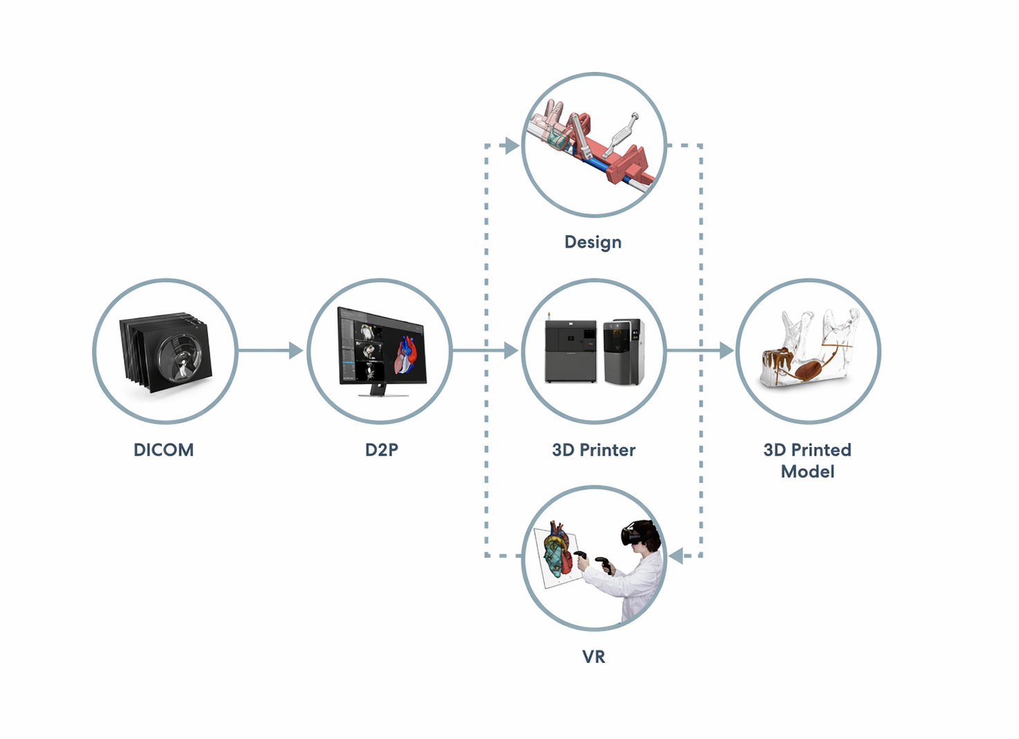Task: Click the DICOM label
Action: tap(164, 450)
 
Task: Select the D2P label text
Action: tap(382, 450)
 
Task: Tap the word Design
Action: tap(593, 242)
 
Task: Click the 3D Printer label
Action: tap(594, 450)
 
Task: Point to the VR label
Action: tap(594, 657)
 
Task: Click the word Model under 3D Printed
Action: tap(807, 471)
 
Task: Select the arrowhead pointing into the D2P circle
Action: tap(296, 350)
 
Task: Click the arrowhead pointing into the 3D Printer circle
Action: tap(511, 350)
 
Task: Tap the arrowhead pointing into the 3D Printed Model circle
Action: tap(726, 350)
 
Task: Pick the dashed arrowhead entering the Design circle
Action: tap(512, 145)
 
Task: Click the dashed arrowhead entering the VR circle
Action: tap(676, 556)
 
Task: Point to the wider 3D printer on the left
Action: tap(571, 351)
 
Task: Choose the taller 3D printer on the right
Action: tap(624, 351)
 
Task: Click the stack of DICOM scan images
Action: tap(165, 352)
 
